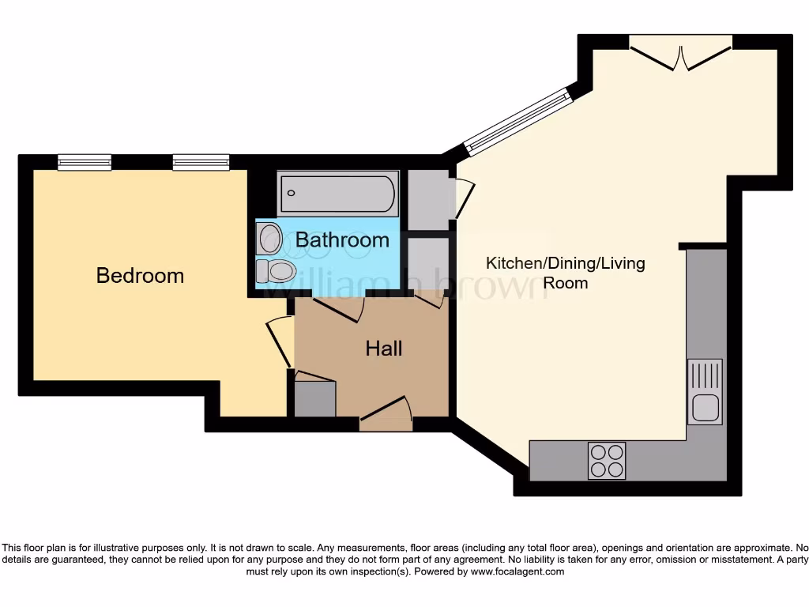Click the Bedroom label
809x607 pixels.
[x=140, y=276]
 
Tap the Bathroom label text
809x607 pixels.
[x=342, y=239]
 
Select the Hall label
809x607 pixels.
[x=384, y=349]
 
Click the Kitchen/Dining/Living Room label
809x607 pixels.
[x=565, y=272]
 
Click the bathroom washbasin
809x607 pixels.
[x=270, y=237]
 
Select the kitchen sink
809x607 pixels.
[x=705, y=391]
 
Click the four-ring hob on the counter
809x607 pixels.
[x=607, y=460]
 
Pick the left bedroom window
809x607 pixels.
[x=85, y=162]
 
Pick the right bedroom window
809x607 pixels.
[x=201, y=162]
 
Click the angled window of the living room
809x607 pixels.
[x=517, y=119]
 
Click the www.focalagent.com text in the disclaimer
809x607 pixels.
[x=518, y=571]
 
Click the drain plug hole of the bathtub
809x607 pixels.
[x=292, y=192]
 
